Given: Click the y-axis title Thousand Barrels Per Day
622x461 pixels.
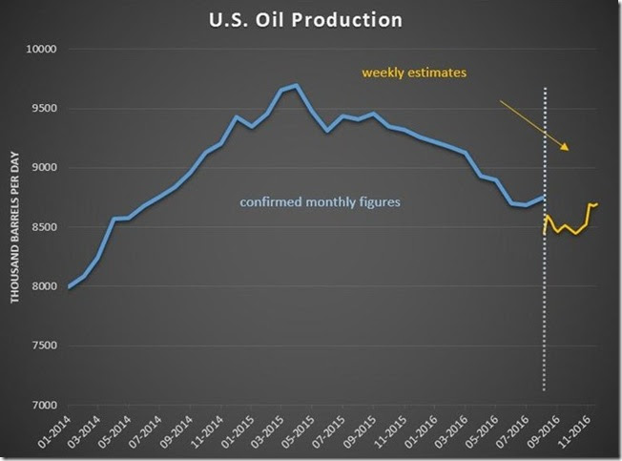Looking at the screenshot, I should (x=17, y=228).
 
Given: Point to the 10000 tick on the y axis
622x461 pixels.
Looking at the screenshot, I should (x=39, y=50).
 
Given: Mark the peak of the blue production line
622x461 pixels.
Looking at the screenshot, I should (x=296, y=86).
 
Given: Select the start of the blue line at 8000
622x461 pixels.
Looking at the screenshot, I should (x=69, y=286).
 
